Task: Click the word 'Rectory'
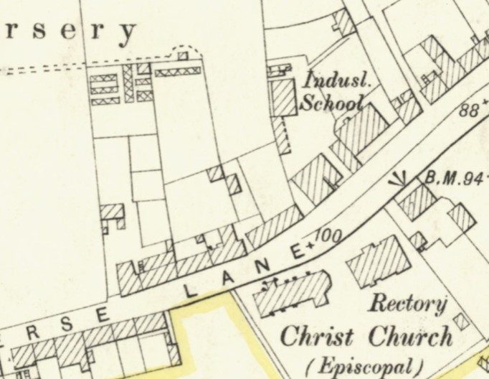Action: [x=407, y=304]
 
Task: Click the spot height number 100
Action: [x=328, y=235]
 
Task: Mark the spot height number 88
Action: [x=469, y=111]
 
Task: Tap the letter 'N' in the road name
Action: [x=264, y=266]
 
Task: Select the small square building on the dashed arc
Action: [x=182, y=55]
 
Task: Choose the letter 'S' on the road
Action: [x=66, y=325]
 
